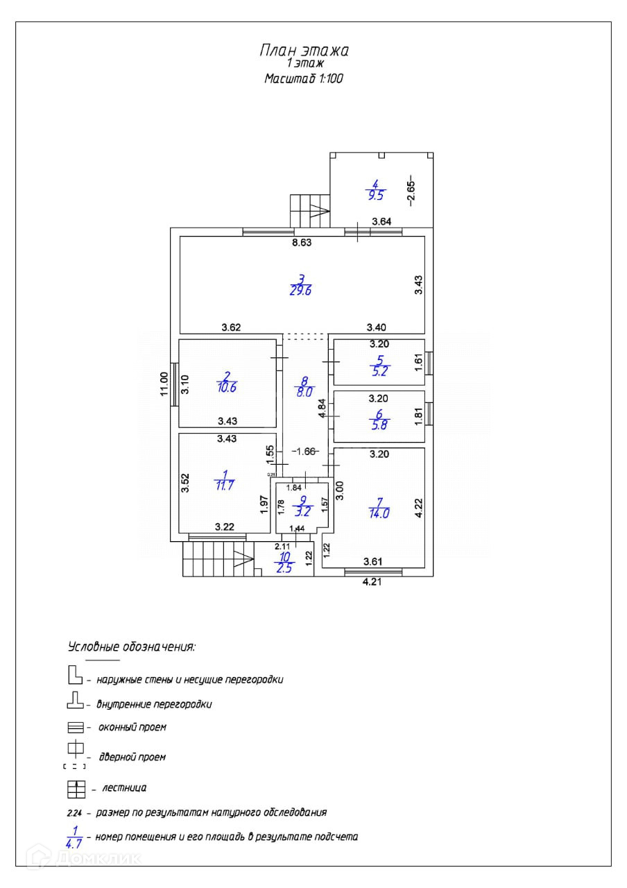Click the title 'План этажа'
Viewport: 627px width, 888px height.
pyautogui.click(x=304, y=50)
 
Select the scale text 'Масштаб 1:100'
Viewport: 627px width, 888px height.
pyautogui.click(x=304, y=79)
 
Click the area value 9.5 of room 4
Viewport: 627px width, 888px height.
pyautogui.click(x=376, y=196)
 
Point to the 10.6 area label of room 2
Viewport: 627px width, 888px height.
pyautogui.click(x=227, y=388)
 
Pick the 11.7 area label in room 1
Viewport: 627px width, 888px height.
pyautogui.click(x=224, y=485)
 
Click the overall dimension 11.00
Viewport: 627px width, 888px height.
pyautogui.click(x=164, y=384)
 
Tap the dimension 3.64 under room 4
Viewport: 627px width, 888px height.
pyautogui.click(x=381, y=222)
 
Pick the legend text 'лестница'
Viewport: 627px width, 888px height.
pyautogui.click(x=124, y=788)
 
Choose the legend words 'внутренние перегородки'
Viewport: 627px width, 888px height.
pyautogui.click(x=154, y=704)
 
